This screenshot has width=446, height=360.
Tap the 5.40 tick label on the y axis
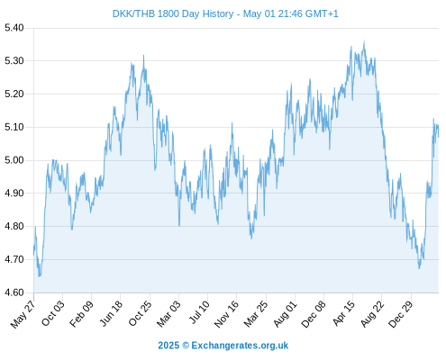click(14, 28)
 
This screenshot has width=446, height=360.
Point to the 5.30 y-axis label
click(14, 61)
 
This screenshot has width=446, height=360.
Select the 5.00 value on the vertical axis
click(14, 160)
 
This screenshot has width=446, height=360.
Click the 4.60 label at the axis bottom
click(14, 292)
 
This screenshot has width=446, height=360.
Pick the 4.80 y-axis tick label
click(14, 226)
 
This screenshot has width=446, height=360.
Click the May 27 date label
click(23, 314)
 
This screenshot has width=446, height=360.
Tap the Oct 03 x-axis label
click(52, 313)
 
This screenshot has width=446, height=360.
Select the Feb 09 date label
click(81, 314)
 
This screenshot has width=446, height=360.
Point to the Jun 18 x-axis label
click(111, 313)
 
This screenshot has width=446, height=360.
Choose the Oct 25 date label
click(140, 313)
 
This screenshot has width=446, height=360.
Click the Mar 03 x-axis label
click(168, 314)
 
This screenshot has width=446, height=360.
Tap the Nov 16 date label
click(226, 314)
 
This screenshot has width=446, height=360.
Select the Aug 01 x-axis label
click(285, 314)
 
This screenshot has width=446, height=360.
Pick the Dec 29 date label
click(401, 314)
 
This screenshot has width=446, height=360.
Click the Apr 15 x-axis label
click(343, 313)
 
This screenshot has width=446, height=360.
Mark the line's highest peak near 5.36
click(364, 41)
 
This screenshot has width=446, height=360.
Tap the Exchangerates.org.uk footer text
click(240, 346)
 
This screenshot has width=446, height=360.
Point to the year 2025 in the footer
click(168, 346)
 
